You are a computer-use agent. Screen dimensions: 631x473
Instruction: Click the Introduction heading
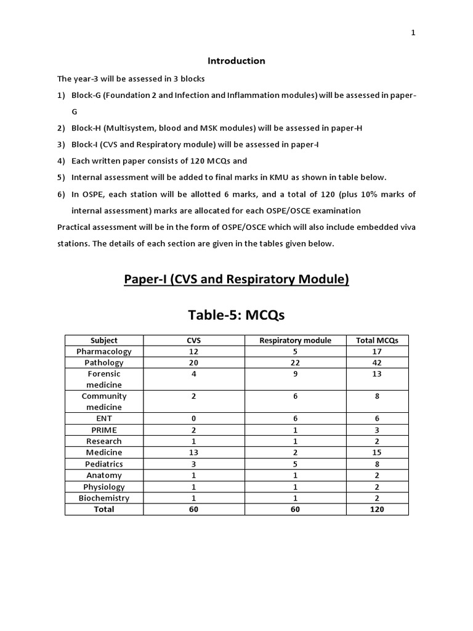(x=236, y=61)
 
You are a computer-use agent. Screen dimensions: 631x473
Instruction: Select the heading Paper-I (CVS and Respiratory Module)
(x=236, y=279)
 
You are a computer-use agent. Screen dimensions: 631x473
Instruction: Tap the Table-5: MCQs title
(x=236, y=315)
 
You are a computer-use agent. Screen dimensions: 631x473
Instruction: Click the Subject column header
(x=103, y=340)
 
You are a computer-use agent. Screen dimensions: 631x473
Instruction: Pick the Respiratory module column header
(x=295, y=340)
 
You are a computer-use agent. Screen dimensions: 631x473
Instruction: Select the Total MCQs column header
(x=377, y=340)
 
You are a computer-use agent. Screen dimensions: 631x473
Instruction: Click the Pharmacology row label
(x=103, y=351)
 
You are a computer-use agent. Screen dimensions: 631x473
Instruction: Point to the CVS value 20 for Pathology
(x=193, y=363)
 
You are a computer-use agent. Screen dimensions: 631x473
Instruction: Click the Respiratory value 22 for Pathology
(x=295, y=363)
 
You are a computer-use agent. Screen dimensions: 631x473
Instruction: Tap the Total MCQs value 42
(x=377, y=363)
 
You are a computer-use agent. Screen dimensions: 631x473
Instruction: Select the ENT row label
(x=103, y=418)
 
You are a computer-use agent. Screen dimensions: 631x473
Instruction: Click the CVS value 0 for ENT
(x=193, y=418)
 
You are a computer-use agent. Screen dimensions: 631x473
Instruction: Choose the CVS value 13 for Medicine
(x=193, y=452)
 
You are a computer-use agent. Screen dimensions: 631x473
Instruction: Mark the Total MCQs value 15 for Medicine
(x=377, y=452)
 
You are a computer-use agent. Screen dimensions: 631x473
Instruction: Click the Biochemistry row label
(x=103, y=498)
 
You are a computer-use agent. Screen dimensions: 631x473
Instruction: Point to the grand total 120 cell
(x=377, y=510)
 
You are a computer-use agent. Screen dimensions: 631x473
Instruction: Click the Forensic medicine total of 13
(x=377, y=374)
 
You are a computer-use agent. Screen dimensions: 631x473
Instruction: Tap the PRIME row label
(x=103, y=430)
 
